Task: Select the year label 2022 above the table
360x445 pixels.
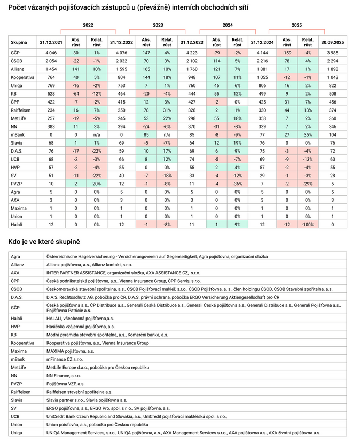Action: (x=88, y=25)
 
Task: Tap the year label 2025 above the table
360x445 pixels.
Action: (x=296, y=25)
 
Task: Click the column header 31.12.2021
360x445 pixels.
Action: (x=51, y=42)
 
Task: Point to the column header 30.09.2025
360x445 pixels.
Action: (x=332, y=42)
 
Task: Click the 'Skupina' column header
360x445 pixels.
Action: (x=19, y=42)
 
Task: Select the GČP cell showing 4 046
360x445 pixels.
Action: (x=51, y=53)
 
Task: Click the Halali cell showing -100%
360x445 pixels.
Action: (x=308, y=225)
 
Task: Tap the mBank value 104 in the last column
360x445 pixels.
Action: (x=332, y=135)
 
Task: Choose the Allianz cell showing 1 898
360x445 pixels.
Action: (x=332, y=69)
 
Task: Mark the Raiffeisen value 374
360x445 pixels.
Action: (x=332, y=110)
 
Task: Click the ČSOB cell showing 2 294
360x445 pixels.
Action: (x=332, y=61)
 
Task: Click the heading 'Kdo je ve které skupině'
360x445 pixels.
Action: (x=44, y=242)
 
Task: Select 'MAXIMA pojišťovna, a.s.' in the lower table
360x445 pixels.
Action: (x=70, y=351)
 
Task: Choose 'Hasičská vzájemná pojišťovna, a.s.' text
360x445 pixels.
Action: (x=81, y=326)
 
